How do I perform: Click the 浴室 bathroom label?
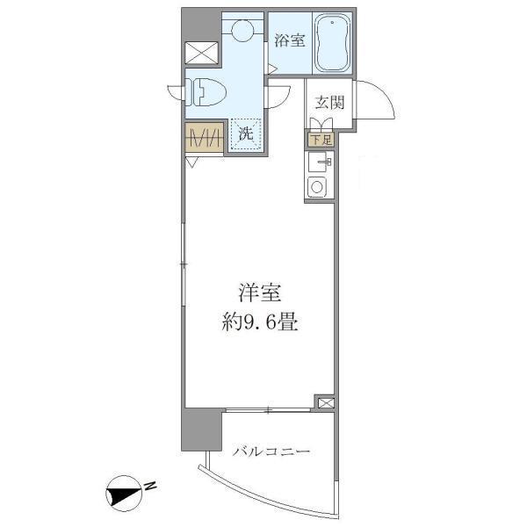click(x=290, y=40)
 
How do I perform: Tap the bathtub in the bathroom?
click(x=332, y=43)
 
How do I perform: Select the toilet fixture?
click(x=206, y=92)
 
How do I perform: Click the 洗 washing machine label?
click(x=246, y=134)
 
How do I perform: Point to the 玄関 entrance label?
click(x=329, y=103)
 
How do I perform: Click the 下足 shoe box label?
click(x=322, y=140)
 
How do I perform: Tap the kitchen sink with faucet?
click(x=317, y=162)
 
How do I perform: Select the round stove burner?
click(x=316, y=187)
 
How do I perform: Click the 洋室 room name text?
click(x=260, y=292)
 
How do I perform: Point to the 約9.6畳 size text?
click(x=260, y=322)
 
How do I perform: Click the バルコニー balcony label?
click(x=271, y=451)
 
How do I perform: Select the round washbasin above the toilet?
click(x=242, y=30)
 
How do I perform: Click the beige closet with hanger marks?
click(x=204, y=137)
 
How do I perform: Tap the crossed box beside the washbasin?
click(x=201, y=53)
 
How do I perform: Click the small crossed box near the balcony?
click(x=326, y=402)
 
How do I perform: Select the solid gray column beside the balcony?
click(x=201, y=430)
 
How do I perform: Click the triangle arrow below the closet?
click(x=191, y=163)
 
